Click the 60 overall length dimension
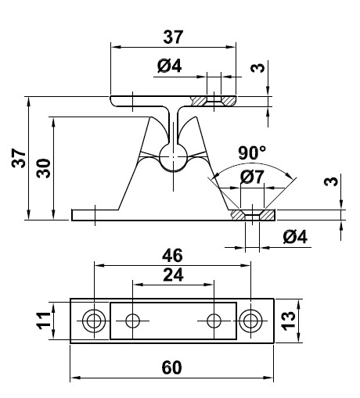[171, 368]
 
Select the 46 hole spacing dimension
[172, 256]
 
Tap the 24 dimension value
[173, 274]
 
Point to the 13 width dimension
[288, 321]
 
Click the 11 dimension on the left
[43, 321]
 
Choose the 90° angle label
[252, 152]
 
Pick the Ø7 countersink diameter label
[252, 177]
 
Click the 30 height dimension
[43, 168]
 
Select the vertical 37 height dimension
[19, 158]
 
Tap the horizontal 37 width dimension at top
[173, 37]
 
